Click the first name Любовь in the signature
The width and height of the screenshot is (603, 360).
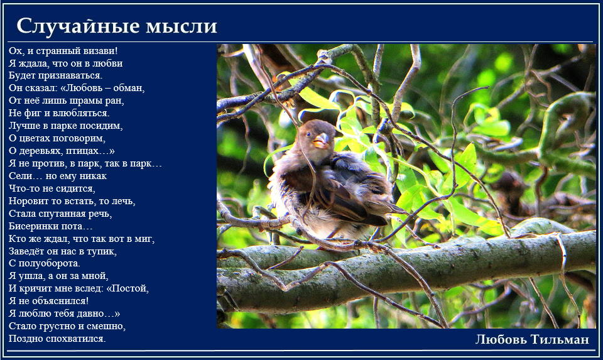(501, 339)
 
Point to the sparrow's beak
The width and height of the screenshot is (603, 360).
(321, 141)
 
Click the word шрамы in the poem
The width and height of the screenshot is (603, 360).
(85, 101)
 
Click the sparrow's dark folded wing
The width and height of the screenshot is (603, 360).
(339, 192)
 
